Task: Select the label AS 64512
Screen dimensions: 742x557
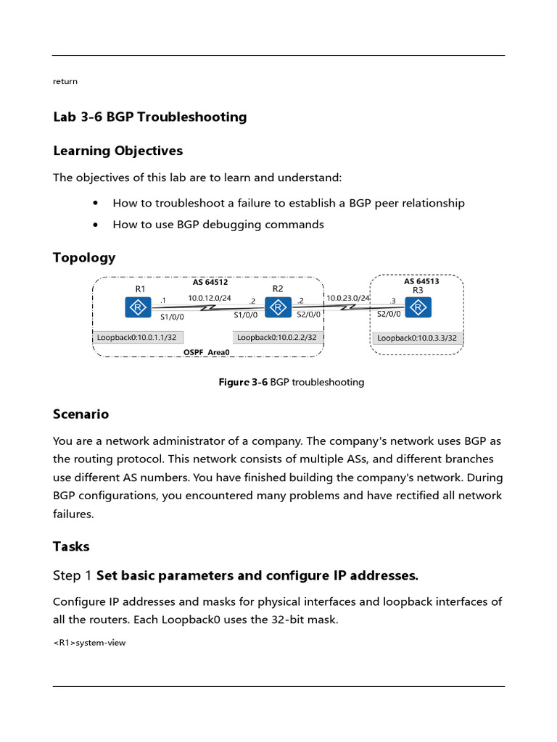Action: (210, 283)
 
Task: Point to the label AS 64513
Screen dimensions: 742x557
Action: (421, 281)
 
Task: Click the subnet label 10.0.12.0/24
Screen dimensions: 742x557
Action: (210, 298)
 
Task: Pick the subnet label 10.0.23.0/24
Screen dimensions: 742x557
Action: (348, 298)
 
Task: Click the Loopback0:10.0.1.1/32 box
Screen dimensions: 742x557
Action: (136, 337)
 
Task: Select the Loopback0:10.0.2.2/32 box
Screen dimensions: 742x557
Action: (277, 337)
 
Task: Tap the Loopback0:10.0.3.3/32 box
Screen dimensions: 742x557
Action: (418, 338)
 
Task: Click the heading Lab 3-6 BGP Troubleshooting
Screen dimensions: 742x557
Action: (149, 117)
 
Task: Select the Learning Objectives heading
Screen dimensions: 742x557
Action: (117, 151)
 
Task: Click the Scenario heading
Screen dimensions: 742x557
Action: (81, 414)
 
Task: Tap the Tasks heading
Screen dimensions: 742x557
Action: (71, 546)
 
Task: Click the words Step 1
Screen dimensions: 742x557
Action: (73, 576)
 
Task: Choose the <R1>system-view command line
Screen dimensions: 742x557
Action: (89, 642)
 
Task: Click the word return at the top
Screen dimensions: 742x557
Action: (65, 81)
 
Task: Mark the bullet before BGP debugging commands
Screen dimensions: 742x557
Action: (96, 225)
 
